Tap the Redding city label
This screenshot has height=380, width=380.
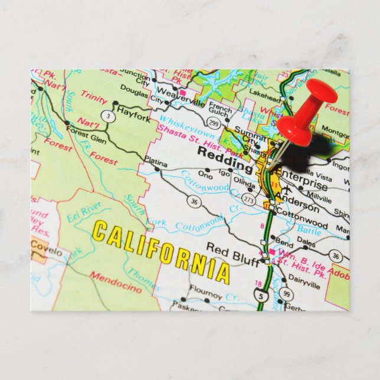click(x=220, y=152)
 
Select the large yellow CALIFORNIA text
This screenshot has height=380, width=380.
click(x=160, y=250)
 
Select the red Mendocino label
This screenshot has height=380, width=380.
click(x=116, y=283)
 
